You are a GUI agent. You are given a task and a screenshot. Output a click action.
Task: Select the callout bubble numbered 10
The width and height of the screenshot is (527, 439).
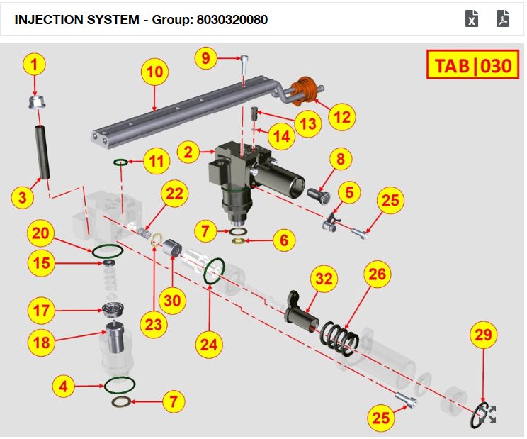(x=155, y=72)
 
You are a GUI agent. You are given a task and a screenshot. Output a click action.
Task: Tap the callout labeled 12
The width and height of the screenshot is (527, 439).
(x=343, y=116)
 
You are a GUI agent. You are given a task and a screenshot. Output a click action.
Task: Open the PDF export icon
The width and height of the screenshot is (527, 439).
(x=503, y=18)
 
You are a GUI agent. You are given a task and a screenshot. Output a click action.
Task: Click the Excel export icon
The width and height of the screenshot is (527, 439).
(x=472, y=18)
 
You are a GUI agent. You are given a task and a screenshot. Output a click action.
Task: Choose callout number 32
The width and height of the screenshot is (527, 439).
(x=324, y=280)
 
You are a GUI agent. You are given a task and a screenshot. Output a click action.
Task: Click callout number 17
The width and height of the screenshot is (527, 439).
(x=41, y=310)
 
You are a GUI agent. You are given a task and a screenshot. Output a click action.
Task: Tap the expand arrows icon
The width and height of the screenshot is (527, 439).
(x=488, y=415)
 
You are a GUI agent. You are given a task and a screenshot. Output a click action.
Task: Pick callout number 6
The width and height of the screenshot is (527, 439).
(x=284, y=240)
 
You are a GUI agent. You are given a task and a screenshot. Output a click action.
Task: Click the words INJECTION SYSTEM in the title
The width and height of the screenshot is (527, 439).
(x=76, y=19)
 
